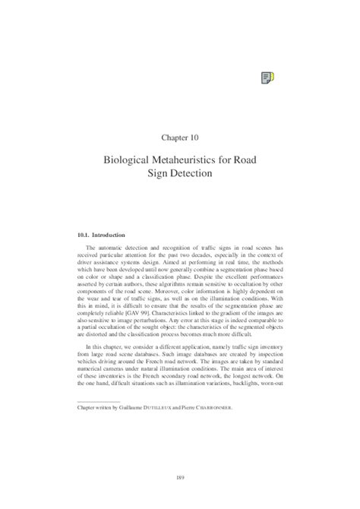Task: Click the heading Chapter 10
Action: (180, 138)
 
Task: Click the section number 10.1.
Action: (76, 235)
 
